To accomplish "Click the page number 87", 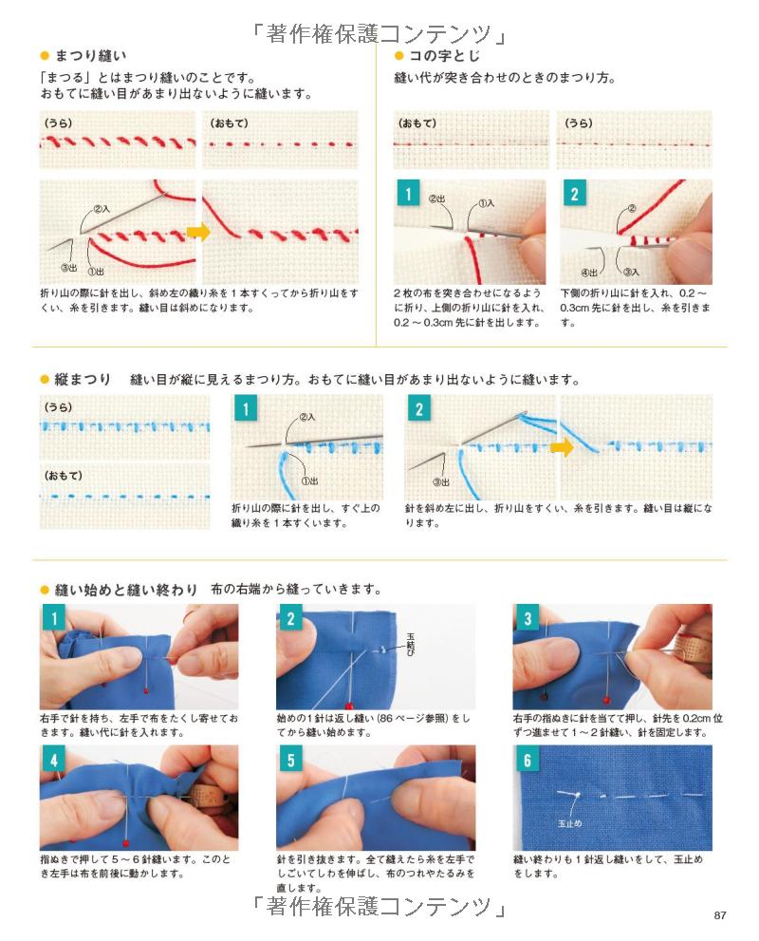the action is (720, 915).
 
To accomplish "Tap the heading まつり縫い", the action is (90, 56).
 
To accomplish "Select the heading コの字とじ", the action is (444, 56).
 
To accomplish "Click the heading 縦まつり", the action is (83, 379).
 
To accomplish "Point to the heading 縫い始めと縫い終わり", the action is (126, 590).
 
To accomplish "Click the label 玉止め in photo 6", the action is (569, 824).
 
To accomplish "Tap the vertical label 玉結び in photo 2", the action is (411, 644).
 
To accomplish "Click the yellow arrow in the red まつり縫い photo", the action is (198, 231).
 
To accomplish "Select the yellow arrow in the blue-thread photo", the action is (562, 446).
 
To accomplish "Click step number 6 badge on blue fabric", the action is (528, 761).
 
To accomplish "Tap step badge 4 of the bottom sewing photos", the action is (54, 761).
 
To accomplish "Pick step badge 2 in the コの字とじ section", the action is (574, 194).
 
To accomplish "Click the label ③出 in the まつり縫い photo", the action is (69, 269).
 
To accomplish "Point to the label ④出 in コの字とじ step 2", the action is (589, 273).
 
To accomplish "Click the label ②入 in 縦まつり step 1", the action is (307, 416).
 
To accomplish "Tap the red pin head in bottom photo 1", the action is (146, 692).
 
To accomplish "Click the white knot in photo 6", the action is (577, 795).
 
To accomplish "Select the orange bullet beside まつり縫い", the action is (45, 56).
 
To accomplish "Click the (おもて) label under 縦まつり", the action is (63, 476).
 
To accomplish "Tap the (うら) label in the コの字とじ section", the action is (579, 123).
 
